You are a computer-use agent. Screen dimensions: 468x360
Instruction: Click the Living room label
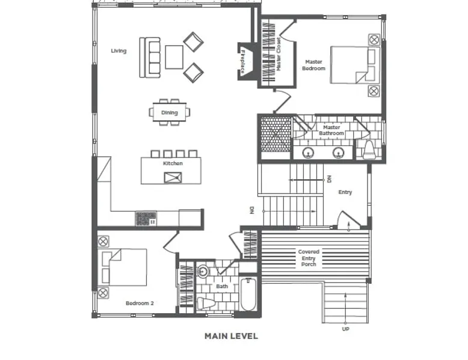click(119, 50)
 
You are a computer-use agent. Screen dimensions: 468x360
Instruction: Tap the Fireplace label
click(242, 61)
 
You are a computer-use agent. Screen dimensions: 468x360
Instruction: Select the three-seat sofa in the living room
click(150, 58)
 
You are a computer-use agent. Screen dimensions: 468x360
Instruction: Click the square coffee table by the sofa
click(174, 57)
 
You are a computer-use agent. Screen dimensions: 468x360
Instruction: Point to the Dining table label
click(169, 113)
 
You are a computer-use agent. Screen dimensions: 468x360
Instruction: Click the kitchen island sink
click(173, 177)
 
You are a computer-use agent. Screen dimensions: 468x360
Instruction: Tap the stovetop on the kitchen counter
click(146, 219)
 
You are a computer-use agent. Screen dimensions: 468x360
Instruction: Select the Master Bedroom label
click(313, 65)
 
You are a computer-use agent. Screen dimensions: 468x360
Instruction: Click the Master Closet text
click(279, 54)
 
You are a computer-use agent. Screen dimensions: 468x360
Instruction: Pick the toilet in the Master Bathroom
click(369, 150)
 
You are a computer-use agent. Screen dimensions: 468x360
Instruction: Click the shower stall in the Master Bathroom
click(276, 134)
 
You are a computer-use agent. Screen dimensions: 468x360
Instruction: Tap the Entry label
click(345, 192)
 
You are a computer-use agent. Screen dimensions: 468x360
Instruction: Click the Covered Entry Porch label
click(309, 258)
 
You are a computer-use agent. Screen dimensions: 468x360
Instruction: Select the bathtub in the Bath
click(248, 294)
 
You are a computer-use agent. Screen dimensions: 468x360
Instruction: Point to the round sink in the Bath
click(203, 272)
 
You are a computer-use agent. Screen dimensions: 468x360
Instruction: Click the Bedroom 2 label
click(140, 304)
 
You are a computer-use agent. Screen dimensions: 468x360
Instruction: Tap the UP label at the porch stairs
click(346, 329)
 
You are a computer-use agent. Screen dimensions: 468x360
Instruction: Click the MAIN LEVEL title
click(232, 337)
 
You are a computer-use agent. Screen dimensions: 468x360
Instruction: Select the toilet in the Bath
click(206, 304)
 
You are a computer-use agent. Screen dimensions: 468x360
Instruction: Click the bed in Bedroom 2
click(122, 267)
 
